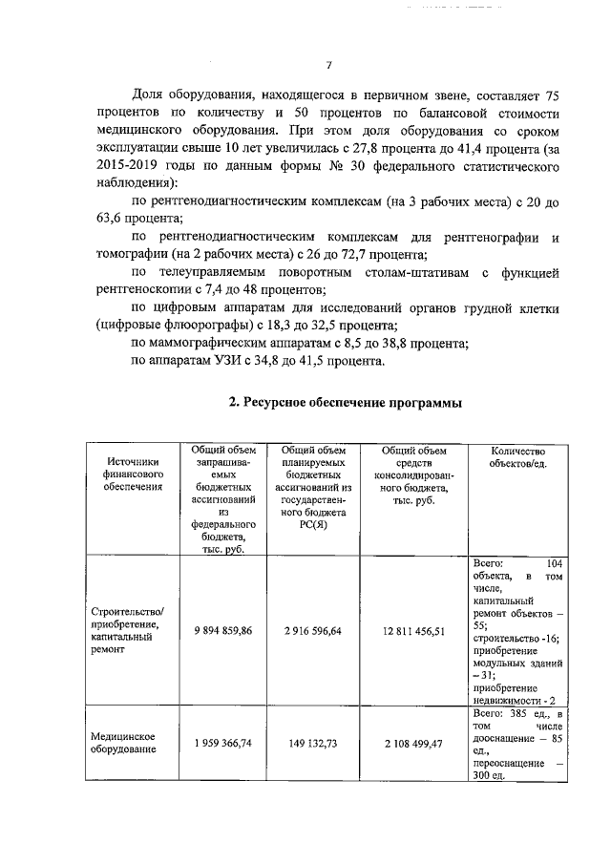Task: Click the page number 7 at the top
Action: [x=328, y=65]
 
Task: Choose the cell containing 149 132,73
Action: [x=313, y=743]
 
